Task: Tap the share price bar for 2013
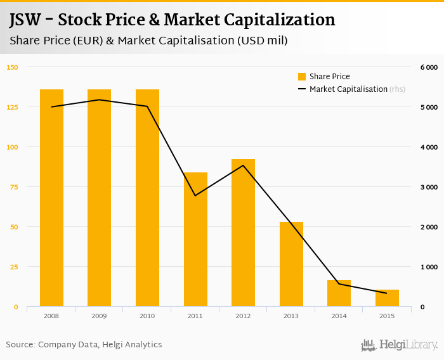291,264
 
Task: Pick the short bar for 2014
339,293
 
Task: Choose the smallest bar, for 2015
387,299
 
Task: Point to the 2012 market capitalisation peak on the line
243,165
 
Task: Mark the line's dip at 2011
195,195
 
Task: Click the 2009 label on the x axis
99,316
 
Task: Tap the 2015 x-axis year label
387,316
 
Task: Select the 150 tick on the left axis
13,67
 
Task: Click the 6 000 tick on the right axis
429,67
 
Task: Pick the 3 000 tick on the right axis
429,187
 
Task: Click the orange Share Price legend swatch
302,77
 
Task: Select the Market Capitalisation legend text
348,89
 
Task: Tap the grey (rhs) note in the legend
397,89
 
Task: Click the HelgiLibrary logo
399,345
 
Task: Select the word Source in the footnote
20,345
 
